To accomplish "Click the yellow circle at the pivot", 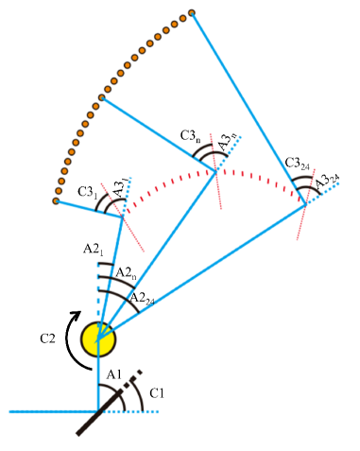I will (97, 337).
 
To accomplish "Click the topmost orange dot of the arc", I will (192, 13).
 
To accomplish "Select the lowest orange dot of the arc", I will (57, 200).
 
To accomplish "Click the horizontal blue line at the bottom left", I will (47, 412).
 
